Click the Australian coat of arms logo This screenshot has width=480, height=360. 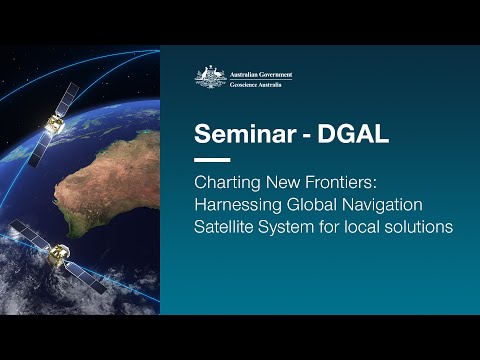(210, 75)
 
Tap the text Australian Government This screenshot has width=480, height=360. (258, 71)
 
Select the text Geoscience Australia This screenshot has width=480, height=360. (255, 81)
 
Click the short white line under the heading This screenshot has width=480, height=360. (211, 160)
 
